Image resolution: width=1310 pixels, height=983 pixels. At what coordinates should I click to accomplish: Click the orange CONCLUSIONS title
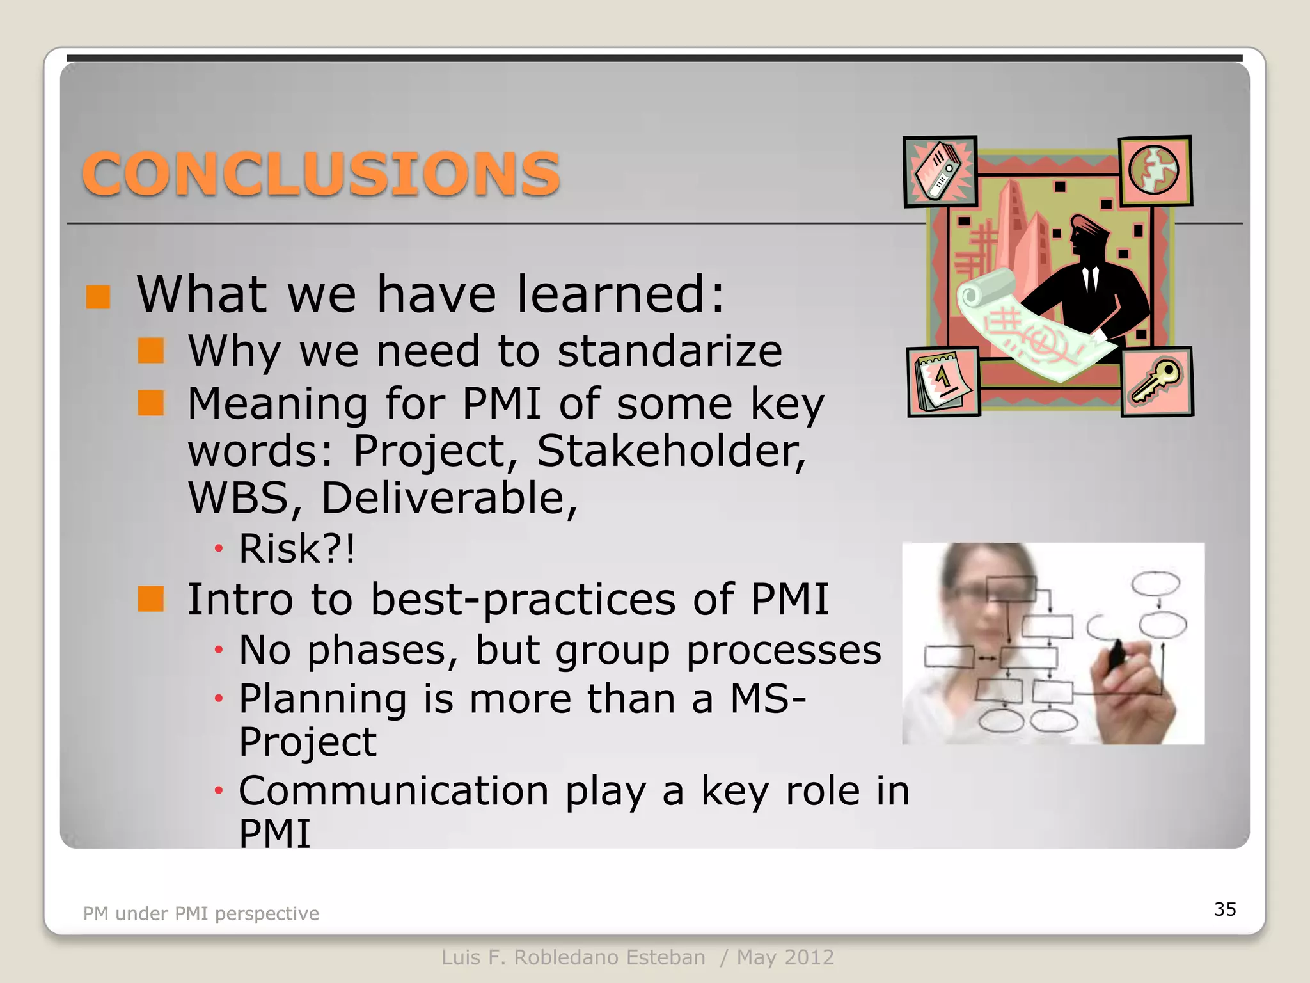[x=321, y=173]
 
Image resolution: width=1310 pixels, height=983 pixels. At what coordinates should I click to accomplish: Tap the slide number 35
[x=1225, y=909]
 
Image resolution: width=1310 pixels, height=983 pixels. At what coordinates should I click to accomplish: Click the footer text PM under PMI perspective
[x=201, y=913]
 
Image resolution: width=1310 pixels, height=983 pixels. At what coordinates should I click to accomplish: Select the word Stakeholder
[x=670, y=451]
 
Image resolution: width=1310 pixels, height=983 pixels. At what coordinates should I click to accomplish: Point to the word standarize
[x=670, y=351]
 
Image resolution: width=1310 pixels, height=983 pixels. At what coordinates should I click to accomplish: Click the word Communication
[x=393, y=791]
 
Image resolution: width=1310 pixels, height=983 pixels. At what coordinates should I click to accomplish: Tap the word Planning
[x=322, y=698]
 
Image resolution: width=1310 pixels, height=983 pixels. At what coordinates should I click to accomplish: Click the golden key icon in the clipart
[x=1156, y=381]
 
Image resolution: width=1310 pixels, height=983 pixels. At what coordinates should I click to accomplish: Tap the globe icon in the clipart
[x=1154, y=170]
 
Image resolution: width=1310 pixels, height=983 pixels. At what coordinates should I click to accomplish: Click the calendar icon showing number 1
[x=943, y=381]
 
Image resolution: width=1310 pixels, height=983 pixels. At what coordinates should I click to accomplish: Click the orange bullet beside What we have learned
[x=98, y=296]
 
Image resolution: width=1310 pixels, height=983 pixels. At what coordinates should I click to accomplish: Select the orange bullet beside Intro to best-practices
[x=151, y=599]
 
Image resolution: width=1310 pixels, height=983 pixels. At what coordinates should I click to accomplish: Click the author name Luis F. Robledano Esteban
[x=573, y=957]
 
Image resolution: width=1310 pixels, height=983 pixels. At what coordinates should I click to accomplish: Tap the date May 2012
[x=785, y=957]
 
